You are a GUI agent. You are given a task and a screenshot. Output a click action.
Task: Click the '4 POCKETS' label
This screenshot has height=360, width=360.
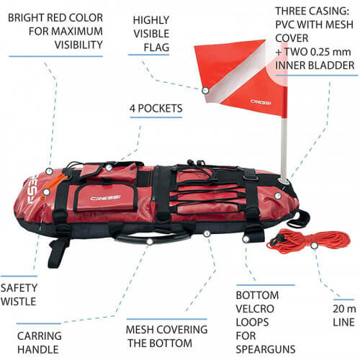156,109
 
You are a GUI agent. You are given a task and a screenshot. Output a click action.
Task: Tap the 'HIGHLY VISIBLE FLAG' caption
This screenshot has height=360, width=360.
151,34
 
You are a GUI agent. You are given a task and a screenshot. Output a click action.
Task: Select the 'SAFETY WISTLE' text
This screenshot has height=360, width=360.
19,294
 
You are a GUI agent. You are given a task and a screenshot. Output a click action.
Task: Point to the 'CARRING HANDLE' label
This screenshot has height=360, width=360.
39,343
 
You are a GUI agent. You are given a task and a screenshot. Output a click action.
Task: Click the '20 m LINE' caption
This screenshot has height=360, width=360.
344,315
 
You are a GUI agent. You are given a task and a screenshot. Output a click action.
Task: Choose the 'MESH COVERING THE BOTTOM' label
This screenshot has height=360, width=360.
166,336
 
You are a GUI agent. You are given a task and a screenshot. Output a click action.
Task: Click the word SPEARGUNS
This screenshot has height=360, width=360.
266,349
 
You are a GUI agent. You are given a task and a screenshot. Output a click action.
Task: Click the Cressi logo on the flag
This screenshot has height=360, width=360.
261,102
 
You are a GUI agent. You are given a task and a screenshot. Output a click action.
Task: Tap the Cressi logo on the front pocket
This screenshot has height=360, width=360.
105,198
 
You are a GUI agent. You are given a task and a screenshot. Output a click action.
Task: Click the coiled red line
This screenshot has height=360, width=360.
309,240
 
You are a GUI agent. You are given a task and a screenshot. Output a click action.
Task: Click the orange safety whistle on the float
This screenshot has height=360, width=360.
53,186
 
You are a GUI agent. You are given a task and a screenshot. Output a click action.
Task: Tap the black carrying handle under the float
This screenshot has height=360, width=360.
152,237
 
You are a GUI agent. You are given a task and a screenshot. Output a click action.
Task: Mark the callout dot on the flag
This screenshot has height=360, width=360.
205,91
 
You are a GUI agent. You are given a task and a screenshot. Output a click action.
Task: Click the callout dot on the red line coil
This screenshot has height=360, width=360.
314,246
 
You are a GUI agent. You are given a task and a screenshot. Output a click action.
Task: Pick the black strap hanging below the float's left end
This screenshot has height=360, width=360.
57,253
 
